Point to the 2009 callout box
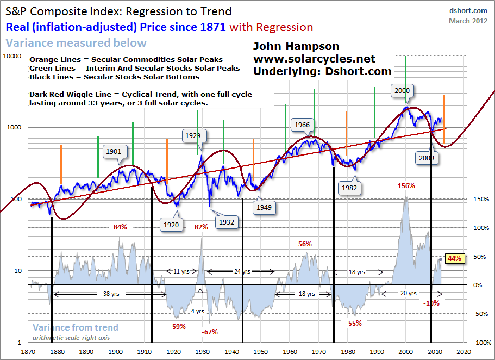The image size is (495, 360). click(x=425, y=158)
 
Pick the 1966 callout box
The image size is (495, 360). click(x=302, y=125)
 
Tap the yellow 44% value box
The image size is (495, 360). click(x=454, y=259)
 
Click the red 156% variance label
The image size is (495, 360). click(x=406, y=185)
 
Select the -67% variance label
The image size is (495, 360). click(x=210, y=332)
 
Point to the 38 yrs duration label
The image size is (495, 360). click(x=109, y=294)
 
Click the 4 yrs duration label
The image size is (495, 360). click(x=200, y=312)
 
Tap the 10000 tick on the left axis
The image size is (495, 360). click(x=12, y=56)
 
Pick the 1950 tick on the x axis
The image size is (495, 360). click(x=261, y=352)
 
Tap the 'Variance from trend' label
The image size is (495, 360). click(x=75, y=327)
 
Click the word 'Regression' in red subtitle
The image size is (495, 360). click(x=283, y=27)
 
